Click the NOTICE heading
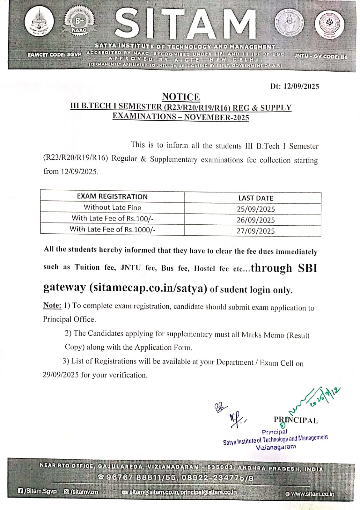[181, 97]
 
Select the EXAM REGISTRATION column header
[112, 196]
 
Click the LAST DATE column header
[256, 198]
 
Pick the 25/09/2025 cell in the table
[256, 209]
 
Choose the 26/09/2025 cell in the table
[256, 220]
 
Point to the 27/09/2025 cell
[256, 231]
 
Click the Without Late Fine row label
[112, 207]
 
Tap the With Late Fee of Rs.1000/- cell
[112, 229]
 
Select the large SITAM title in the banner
[185, 24]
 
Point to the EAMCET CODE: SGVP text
[54, 55]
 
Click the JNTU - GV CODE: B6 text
[321, 57]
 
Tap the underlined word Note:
[52, 305]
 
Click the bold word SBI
[308, 268]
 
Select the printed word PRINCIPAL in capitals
[296, 420]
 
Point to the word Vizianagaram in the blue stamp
[276, 447]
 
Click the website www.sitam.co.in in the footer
[312, 494]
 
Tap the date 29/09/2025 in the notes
[61, 375]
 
